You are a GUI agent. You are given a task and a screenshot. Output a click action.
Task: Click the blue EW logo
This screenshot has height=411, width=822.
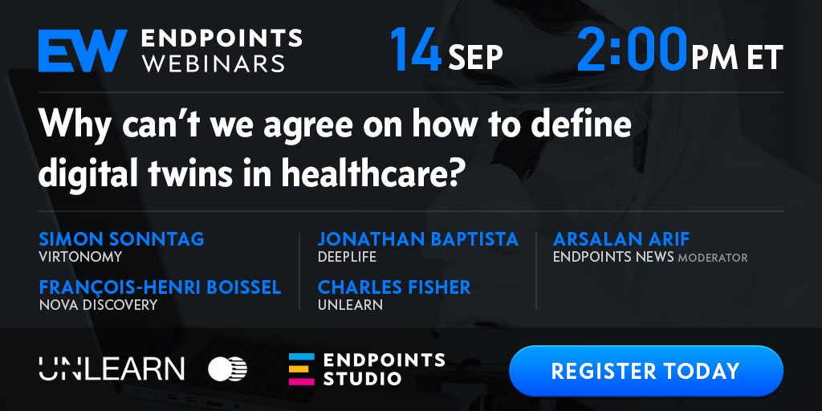[83, 51]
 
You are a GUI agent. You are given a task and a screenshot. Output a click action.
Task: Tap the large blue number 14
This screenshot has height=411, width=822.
[416, 49]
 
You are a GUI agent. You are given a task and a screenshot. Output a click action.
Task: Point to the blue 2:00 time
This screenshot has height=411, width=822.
[632, 49]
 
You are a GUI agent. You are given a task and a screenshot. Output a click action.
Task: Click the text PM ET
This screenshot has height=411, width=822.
[737, 57]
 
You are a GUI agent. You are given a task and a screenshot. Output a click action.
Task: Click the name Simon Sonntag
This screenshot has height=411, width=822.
[121, 239]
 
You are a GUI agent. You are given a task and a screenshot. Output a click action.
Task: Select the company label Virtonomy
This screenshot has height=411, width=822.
[80, 257]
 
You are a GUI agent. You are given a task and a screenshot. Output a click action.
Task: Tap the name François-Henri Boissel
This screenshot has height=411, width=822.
[160, 287]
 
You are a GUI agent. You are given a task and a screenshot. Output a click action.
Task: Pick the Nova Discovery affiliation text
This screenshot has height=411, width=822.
[98, 304]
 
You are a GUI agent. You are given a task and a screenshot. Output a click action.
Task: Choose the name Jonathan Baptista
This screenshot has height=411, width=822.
[417, 239]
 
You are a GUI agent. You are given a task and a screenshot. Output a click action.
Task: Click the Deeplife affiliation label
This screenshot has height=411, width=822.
[347, 257]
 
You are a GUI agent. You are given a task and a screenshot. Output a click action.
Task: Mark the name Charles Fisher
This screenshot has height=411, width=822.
[394, 287]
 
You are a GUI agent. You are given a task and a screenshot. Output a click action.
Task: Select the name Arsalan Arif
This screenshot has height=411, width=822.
[621, 239]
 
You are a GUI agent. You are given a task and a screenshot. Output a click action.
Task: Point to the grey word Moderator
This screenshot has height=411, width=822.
[713, 258]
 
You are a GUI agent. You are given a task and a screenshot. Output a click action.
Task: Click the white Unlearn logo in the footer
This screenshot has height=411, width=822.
[111, 368]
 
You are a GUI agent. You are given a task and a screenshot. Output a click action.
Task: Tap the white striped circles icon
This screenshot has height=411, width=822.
[227, 369]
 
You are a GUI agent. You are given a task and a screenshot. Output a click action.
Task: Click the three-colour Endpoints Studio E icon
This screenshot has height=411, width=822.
[302, 369]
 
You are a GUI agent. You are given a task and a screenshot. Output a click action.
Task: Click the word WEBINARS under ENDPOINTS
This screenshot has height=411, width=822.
[214, 63]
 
